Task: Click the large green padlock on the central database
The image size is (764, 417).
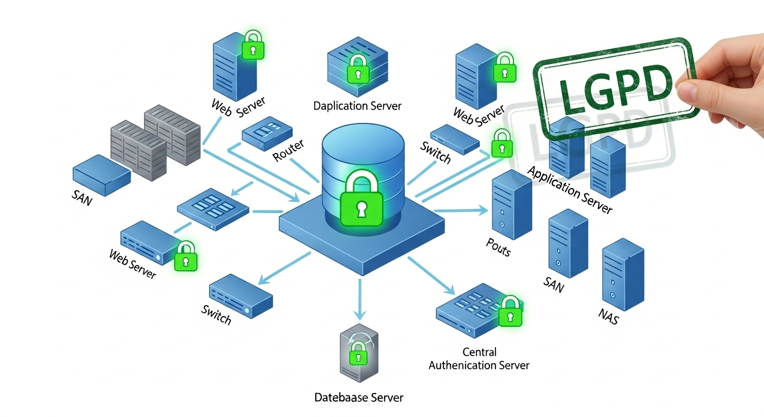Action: (362, 204)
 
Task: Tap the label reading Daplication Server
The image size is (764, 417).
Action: (358, 105)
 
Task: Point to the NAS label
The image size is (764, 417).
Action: (608, 317)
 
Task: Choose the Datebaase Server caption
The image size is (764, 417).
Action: (359, 397)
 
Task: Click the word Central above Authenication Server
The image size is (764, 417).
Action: (479, 352)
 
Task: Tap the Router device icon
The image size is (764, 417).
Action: (266, 132)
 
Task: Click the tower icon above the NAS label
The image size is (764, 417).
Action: (623, 276)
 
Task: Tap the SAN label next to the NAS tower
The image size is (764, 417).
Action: (553, 283)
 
